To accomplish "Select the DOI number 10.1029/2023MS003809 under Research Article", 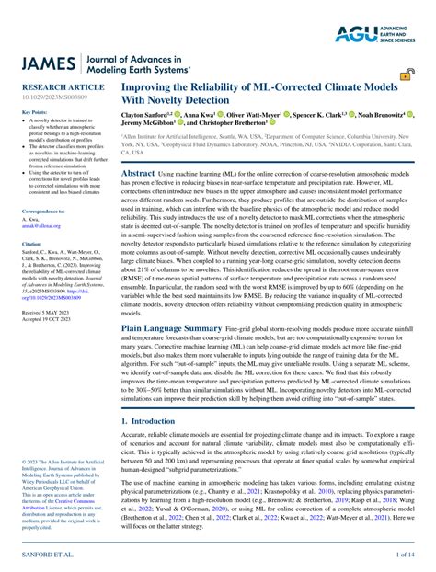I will (49, 98).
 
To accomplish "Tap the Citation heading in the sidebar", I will (31, 244).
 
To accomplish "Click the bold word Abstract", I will (139, 173).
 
